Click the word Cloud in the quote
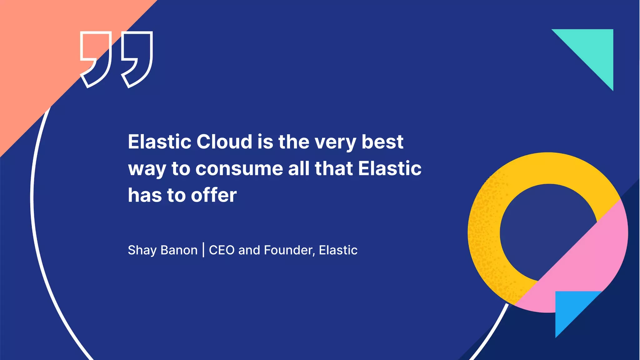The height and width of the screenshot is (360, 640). [224, 142]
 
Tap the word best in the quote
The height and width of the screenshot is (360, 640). [382, 142]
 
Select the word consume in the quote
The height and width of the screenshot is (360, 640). [239, 168]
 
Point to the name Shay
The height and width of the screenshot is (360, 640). [142, 250]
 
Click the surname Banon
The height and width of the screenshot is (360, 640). [179, 250]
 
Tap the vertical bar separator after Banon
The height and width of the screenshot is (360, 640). [203, 250]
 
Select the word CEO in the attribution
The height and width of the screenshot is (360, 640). [222, 250]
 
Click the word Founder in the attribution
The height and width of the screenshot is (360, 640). [287, 250]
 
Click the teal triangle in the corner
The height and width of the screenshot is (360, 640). [594, 50]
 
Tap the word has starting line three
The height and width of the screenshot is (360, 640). [145, 195]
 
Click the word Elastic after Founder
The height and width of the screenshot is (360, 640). [338, 250]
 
